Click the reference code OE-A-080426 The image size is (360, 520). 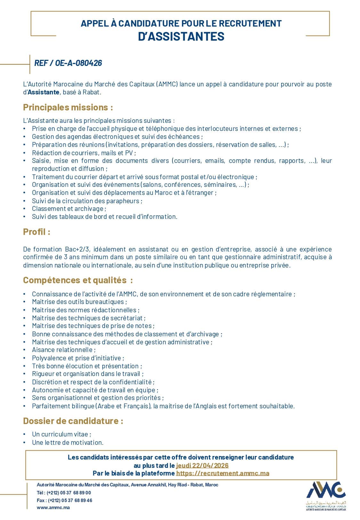(68, 63)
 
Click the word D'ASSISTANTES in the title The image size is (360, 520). (181, 37)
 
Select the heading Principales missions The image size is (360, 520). (68, 107)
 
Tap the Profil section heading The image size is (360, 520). (36, 232)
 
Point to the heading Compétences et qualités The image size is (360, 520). (78, 280)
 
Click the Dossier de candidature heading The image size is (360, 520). (73, 421)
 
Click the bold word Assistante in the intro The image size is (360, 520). (43, 92)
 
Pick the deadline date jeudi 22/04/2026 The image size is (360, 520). (202, 465)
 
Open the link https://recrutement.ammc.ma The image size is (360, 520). (223, 473)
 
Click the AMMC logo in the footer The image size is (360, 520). (326, 495)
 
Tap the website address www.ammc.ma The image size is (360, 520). (53, 508)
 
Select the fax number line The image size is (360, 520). (64, 500)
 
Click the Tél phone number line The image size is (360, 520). (64, 493)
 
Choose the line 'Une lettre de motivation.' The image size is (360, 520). (68, 443)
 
